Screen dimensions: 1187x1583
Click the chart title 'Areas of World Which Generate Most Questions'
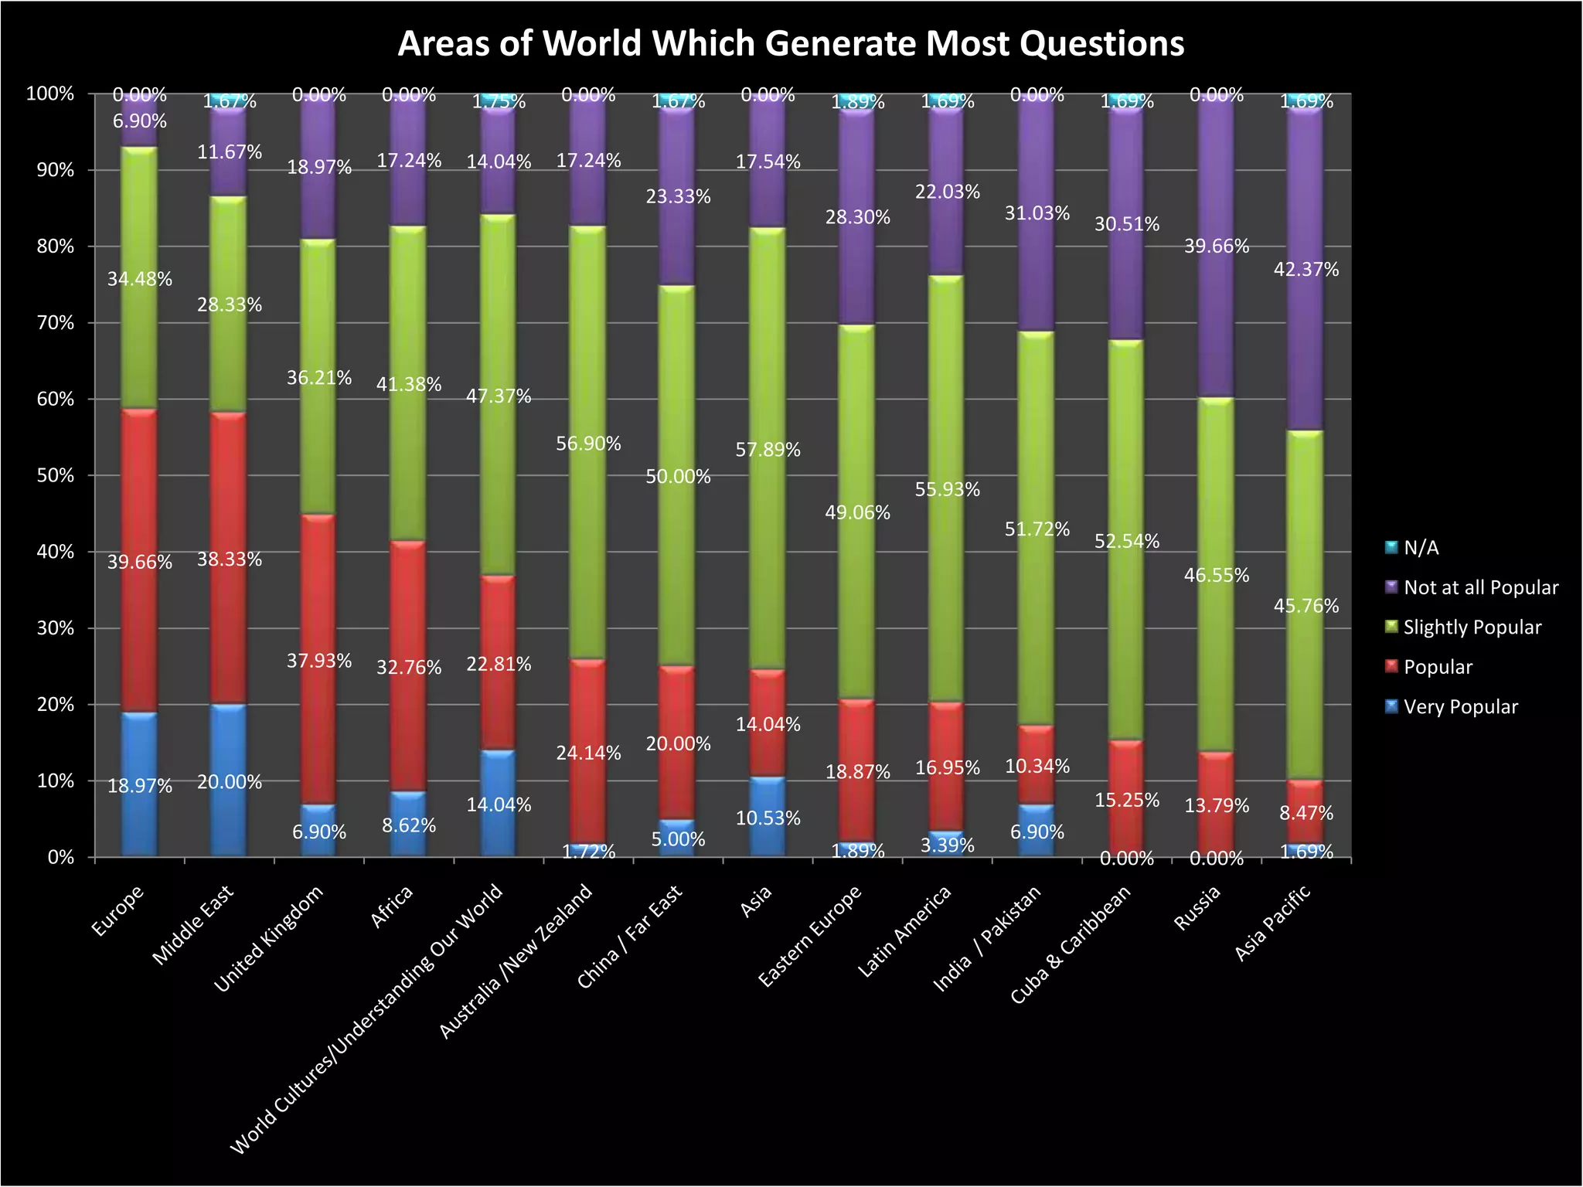(790, 44)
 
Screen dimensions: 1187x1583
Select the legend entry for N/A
(1420, 548)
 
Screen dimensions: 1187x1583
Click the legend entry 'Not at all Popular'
(1479, 587)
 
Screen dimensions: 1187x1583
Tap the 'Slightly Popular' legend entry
(1471, 628)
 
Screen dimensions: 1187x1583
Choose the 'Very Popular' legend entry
(1459, 707)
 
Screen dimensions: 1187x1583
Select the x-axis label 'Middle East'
(192, 925)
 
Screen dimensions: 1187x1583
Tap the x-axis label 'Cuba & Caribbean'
(1071, 944)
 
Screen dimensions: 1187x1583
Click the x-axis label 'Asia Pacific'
(1272, 922)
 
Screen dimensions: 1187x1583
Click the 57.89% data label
(768, 450)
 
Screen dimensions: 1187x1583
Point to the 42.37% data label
(1306, 270)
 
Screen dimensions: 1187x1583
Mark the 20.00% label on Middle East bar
(230, 782)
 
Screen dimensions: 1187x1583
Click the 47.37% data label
(499, 396)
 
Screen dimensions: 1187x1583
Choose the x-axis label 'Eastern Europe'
(810, 936)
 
